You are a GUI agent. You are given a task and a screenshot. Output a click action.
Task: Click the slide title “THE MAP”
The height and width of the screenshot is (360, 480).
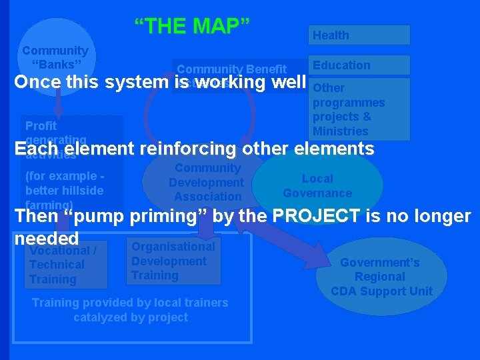tap(192, 26)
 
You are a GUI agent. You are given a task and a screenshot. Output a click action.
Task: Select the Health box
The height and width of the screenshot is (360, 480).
tap(359, 35)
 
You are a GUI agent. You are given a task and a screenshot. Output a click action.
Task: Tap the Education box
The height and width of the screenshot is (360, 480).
tap(359, 65)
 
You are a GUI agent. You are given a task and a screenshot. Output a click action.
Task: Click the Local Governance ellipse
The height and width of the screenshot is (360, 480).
tap(317, 186)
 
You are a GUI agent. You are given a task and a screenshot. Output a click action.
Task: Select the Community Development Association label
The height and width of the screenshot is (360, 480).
tap(206, 183)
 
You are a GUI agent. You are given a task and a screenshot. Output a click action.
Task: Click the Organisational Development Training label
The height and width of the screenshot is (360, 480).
tap(173, 261)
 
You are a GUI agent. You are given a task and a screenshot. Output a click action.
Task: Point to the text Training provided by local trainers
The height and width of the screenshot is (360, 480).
tap(130, 303)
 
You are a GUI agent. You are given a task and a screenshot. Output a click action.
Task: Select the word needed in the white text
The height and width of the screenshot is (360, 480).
tap(47, 238)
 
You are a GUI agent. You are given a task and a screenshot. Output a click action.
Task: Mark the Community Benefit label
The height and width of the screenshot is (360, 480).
tap(231, 69)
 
